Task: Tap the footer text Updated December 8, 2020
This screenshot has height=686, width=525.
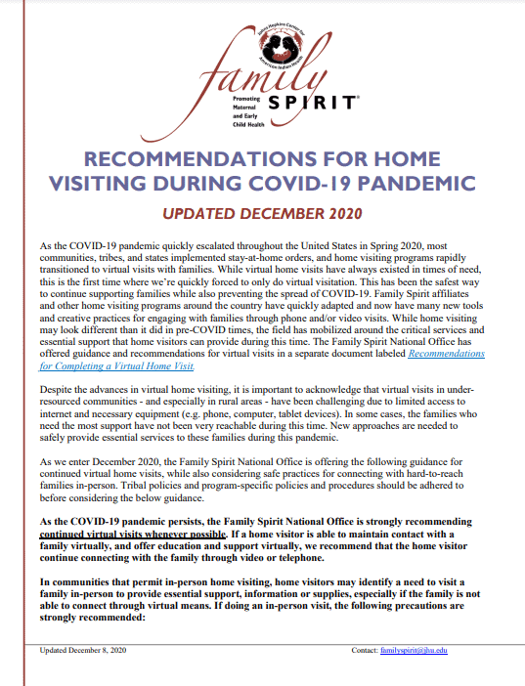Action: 83,650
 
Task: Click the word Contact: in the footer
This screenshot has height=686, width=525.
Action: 365,650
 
